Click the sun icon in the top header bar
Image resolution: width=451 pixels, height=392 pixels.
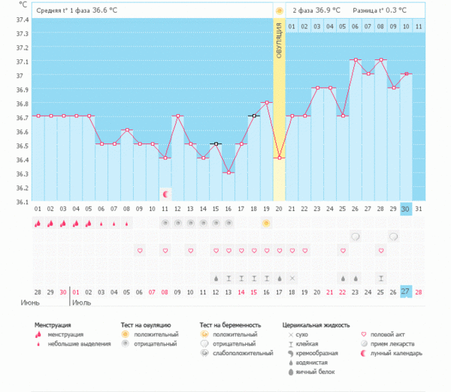tap(279, 11)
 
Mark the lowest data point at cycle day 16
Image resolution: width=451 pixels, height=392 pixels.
tap(228, 173)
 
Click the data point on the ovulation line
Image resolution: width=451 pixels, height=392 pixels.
tap(279, 158)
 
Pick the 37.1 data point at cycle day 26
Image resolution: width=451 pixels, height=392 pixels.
tap(356, 59)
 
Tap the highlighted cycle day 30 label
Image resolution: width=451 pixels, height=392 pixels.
tap(405, 209)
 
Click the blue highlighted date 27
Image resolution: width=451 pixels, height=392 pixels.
tap(405, 291)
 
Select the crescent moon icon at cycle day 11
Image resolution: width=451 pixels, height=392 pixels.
tap(165, 194)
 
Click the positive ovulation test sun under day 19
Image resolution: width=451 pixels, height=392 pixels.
tap(266, 224)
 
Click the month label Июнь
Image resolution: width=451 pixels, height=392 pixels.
tap(32, 303)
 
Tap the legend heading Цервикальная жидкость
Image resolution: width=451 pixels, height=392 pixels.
tap(316, 325)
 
